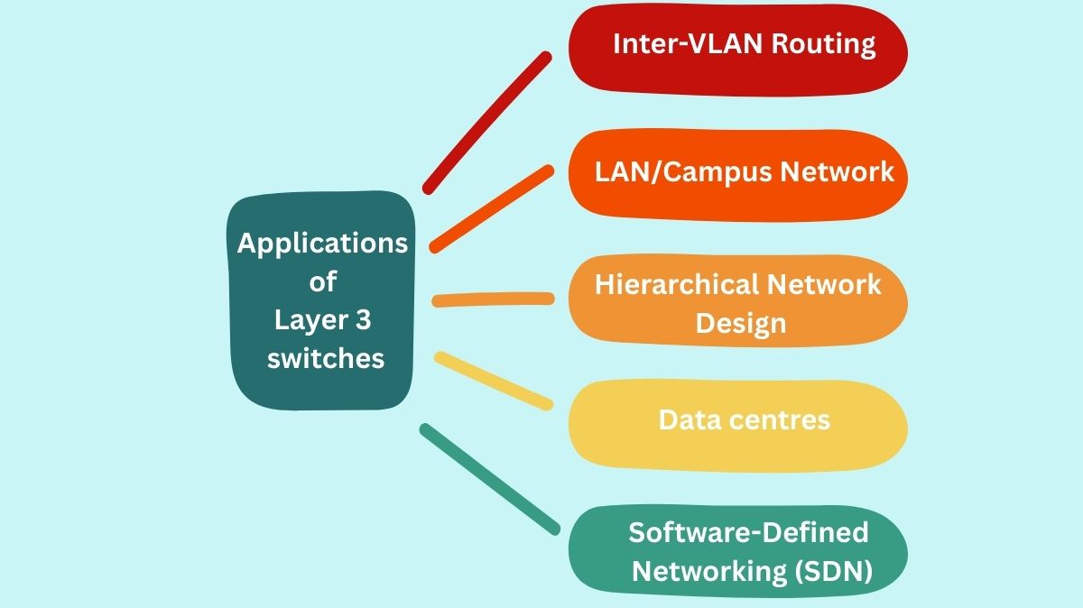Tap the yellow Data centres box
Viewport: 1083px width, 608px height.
coord(737,425)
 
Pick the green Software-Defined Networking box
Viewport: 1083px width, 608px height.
coord(737,549)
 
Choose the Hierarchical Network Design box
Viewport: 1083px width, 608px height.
coord(737,301)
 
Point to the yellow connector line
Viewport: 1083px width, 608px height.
coord(493,381)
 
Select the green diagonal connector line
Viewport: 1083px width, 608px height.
coord(489,478)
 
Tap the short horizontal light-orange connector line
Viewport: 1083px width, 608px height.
coord(493,299)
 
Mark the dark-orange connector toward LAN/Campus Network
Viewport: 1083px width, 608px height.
coord(491,208)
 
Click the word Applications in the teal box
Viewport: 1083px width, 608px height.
coord(322,244)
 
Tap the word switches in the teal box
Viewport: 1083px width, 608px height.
coord(326,358)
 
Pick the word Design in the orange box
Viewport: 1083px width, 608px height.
coord(741,323)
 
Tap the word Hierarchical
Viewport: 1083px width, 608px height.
coord(676,285)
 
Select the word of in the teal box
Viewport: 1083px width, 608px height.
coord(322,281)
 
